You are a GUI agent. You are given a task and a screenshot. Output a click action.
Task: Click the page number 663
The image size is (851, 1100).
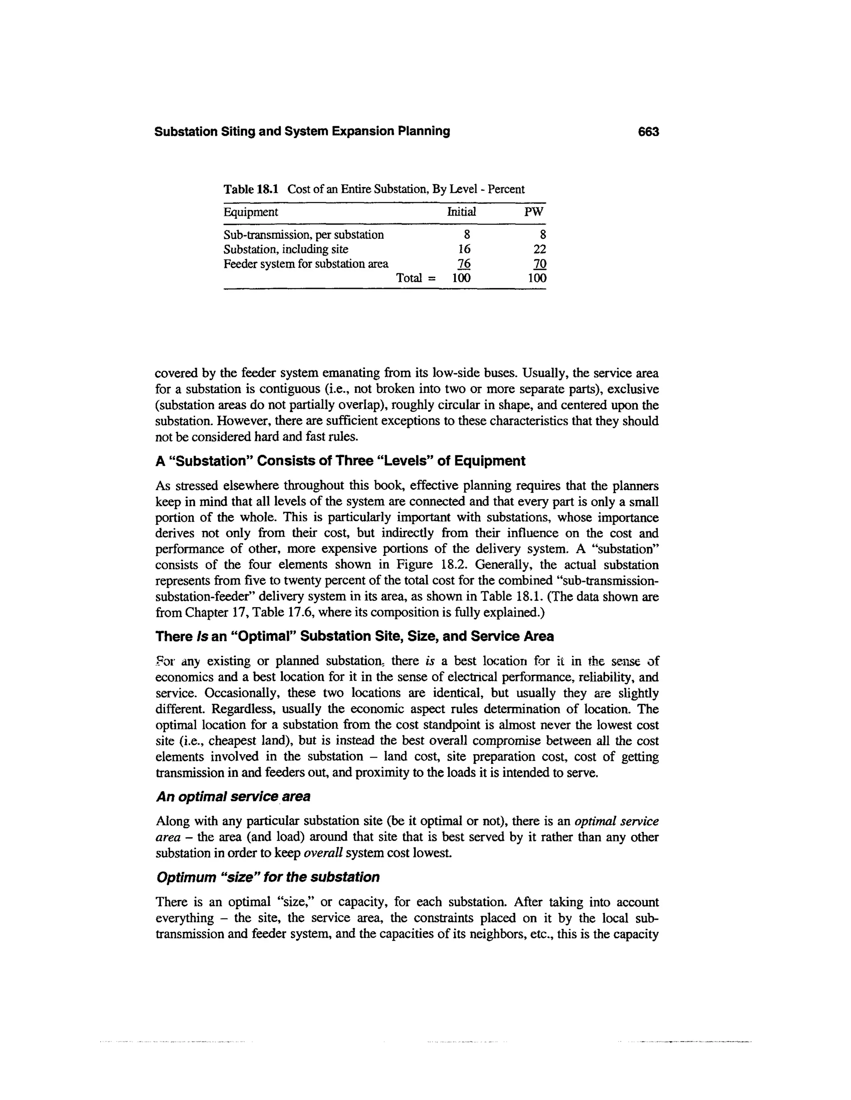point(648,132)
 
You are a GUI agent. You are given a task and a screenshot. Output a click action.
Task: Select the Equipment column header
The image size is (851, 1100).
point(251,212)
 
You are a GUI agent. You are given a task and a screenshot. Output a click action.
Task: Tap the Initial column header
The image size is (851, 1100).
point(461,212)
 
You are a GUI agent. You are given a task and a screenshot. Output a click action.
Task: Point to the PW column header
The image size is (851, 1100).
point(534,212)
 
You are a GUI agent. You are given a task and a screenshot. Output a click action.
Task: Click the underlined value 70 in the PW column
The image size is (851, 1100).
point(539,264)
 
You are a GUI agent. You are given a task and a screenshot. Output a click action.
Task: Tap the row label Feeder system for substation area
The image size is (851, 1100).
point(305,264)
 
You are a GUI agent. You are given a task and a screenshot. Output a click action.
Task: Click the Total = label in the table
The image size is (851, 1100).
point(416,278)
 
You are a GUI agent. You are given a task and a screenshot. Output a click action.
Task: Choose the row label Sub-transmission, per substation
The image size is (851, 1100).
point(303,235)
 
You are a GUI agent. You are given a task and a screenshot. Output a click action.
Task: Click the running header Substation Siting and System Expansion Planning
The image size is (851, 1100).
point(302,132)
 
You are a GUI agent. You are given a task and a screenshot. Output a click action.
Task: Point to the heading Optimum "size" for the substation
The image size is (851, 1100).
point(268,877)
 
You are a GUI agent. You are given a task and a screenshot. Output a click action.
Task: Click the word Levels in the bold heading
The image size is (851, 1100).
point(408,461)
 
